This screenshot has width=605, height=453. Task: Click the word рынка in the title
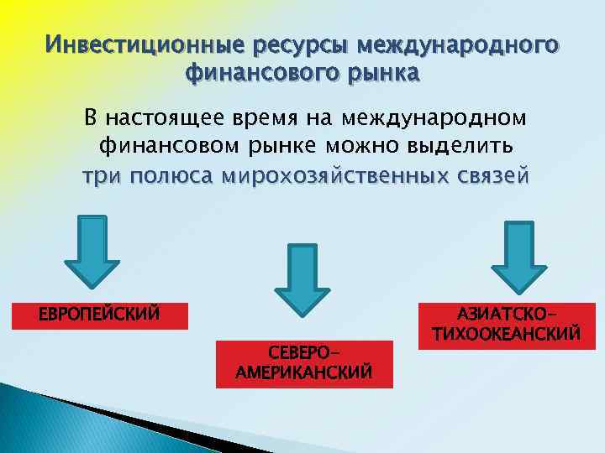pyautogui.click(x=377, y=73)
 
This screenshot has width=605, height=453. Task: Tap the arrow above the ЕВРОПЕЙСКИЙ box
pyautogui.click(x=92, y=247)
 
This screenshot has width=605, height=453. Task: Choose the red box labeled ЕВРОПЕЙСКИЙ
pyautogui.click(x=99, y=315)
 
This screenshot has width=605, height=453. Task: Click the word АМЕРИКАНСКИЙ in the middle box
pyautogui.click(x=304, y=372)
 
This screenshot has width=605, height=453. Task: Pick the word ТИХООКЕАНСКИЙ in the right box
pyautogui.click(x=506, y=334)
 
